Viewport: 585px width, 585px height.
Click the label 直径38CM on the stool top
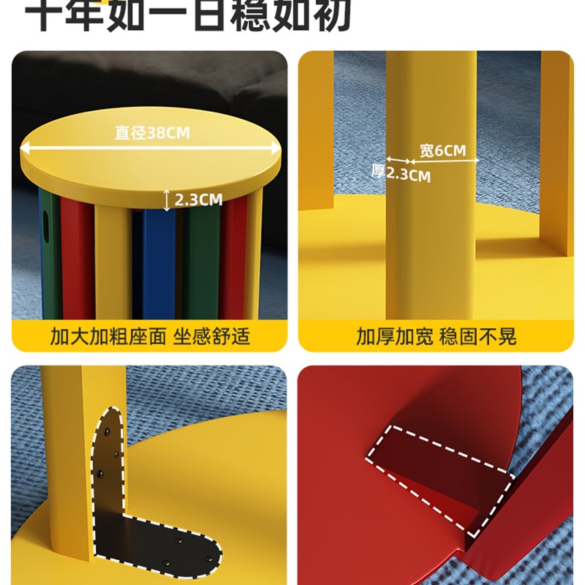click(151, 132)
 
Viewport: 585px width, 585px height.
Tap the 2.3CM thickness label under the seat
click(198, 198)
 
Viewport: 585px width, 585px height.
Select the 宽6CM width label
click(442, 151)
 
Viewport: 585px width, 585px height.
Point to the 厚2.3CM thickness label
click(401, 173)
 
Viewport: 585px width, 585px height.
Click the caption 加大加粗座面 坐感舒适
click(150, 336)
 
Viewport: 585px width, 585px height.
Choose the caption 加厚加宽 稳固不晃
click(436, 336)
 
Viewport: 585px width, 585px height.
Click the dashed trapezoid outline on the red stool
click(439, 468)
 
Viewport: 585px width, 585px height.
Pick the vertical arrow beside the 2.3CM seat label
click(167, 199)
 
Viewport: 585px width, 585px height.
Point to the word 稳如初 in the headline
click(300, 16)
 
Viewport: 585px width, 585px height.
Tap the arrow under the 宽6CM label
click(444, 161)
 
